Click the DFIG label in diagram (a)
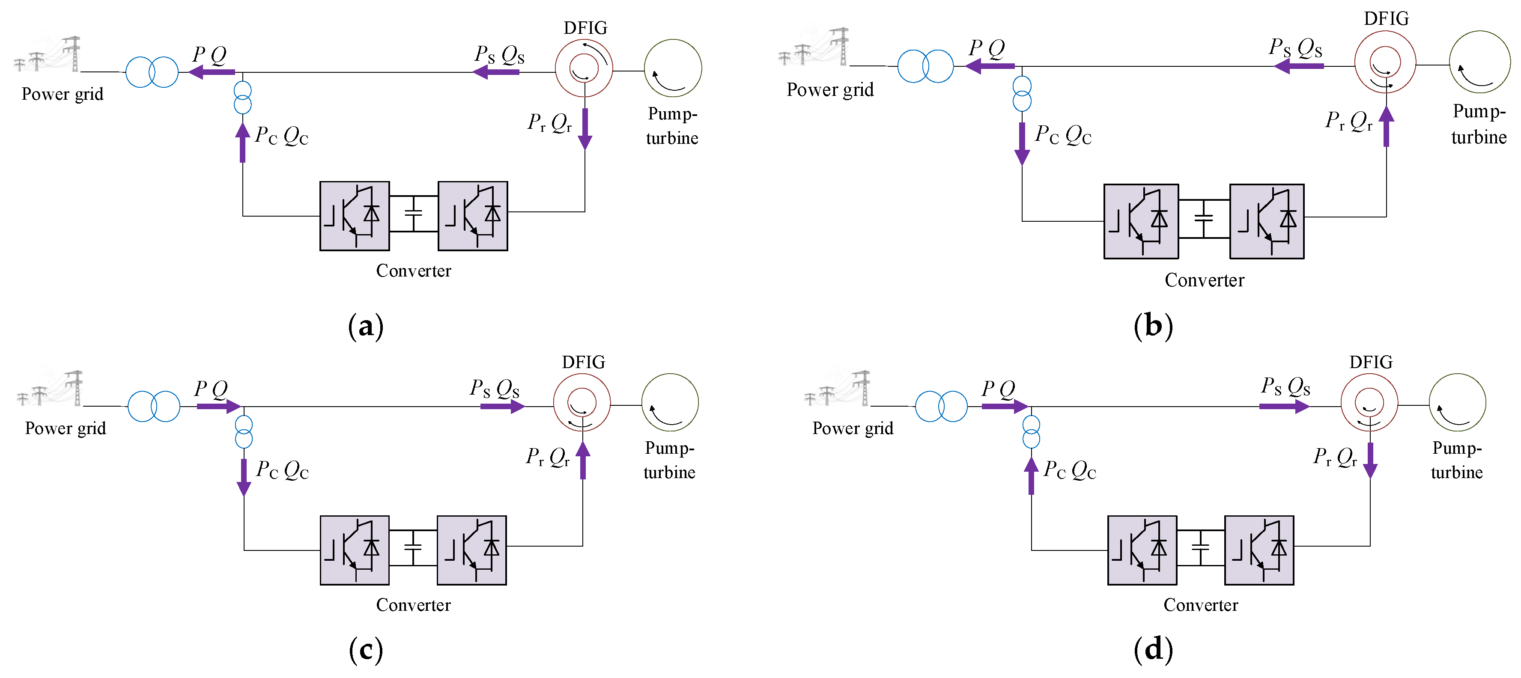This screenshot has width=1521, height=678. pos(585,28)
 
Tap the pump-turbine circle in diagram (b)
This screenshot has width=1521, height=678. pos(1479,62)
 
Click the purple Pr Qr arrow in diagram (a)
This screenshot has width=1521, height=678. pos(585,129)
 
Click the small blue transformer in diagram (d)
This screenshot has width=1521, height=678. pos(1031,431)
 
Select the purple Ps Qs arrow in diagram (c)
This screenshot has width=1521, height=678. pos(502,406)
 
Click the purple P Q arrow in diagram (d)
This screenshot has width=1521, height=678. pos(1004,406)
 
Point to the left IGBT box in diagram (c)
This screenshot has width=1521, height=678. pos(354,550)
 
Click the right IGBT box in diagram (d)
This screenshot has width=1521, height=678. pos(1259,550)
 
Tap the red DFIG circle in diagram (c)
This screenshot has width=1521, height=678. pos(582,402)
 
